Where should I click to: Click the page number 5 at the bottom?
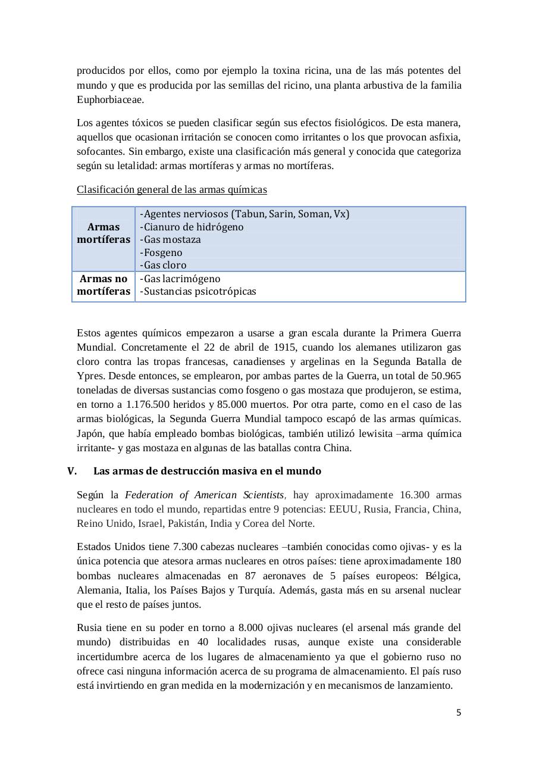[458, 713]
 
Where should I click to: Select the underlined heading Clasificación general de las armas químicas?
[171, 189]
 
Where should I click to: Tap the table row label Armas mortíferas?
[104, 233]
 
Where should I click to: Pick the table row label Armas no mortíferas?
[104, 285]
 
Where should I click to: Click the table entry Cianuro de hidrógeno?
[192, 227]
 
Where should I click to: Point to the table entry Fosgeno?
[161, 252]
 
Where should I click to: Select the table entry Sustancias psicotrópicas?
[198, 292]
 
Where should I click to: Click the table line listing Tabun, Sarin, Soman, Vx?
[245, 214]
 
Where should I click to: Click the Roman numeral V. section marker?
[72, 471]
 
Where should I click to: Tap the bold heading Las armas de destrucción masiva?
[207, 471]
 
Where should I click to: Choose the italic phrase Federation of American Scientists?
[205, 495]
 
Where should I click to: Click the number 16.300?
[416, 495]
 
